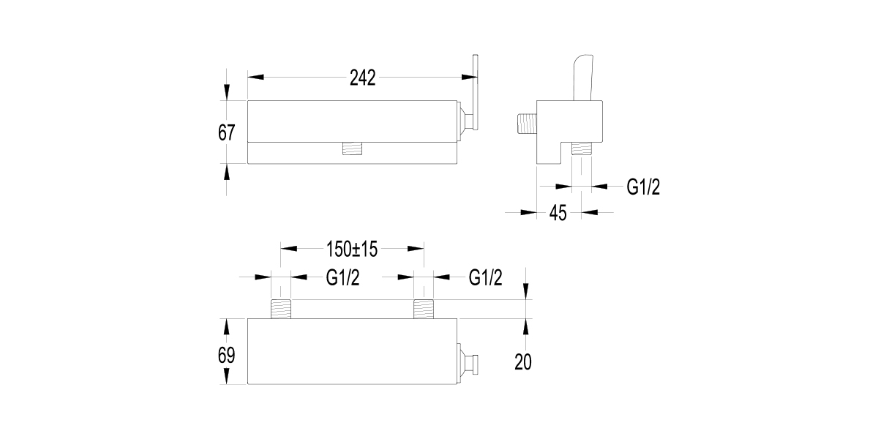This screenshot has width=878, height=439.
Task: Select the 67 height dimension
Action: coord(226,132)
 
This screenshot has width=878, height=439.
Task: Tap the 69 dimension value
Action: coord(226,356)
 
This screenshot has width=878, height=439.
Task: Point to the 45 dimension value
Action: coord(558,213)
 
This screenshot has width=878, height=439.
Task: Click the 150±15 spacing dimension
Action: coord(351,249)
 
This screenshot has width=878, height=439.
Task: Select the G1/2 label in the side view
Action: coord(643,187)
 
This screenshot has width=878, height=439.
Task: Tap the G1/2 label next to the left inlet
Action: coord(342,278)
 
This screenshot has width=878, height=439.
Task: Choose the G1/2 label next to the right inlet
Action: coord(485,278)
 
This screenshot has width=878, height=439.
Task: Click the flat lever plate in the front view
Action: coord(476,95)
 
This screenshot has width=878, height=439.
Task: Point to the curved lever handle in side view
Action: coord(582,77)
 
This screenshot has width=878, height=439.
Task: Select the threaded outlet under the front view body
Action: coord(355,149)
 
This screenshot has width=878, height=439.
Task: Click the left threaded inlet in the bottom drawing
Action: coord(282,309)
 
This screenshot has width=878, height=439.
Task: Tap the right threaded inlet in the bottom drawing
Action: coord(424,309)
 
